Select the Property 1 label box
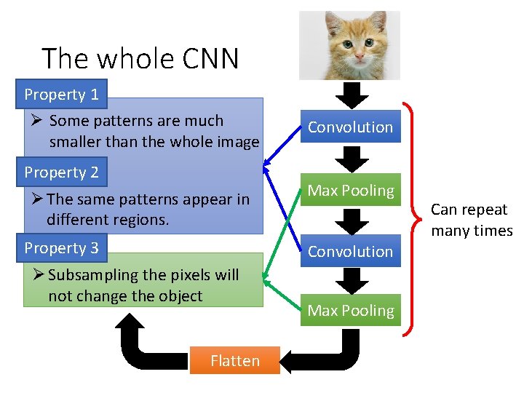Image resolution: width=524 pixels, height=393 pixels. point(62,95)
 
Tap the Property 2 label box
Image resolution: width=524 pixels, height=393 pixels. point(62,172)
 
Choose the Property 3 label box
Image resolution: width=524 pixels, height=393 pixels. point(62,248)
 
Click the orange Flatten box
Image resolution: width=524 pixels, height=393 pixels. point(234,361)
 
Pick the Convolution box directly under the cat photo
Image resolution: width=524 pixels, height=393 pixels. point(350,127)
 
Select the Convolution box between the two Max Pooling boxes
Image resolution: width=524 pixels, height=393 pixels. point(350,251)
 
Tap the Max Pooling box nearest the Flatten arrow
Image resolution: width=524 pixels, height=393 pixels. point(350,311)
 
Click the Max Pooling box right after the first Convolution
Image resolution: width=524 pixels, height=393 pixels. point(350,191)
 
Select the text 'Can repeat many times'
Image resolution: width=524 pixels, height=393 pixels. point(471,220)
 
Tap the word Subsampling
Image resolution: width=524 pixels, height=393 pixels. point(92,275)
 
